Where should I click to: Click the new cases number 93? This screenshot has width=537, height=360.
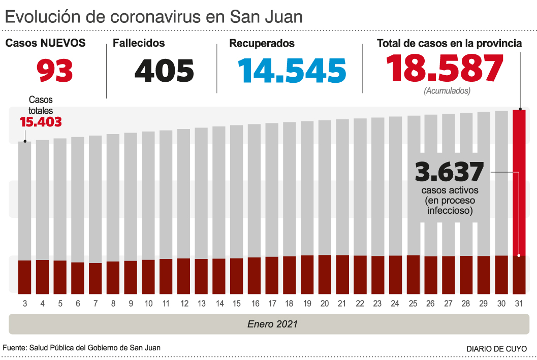[x=55, y=71]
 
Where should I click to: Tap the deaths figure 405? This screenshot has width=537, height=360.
[x=164, y=71]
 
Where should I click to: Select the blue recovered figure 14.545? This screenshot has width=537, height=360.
[x=288, y=71]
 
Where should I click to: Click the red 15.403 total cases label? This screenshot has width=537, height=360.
[x=41, y=122]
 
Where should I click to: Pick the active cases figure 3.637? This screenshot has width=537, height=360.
[x=449, y=172]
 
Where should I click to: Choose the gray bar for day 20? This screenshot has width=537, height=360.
[x=325, y=188]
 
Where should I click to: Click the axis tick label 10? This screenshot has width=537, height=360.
[x=148, y=304]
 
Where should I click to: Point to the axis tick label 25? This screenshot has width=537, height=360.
[x=413, y=304]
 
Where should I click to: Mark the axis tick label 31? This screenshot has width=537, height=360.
[x=519, y=304]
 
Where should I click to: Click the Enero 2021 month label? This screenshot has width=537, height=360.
[x=273, y=324]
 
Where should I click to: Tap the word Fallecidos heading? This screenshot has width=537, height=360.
[x=139, y=43]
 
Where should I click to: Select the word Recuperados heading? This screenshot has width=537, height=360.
[x=262, y=44]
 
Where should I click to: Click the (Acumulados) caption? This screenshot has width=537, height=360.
[x=447, y=91]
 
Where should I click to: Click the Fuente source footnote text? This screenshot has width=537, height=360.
[x=82, y=348]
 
